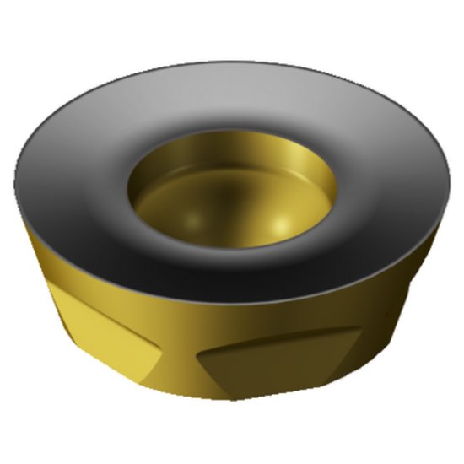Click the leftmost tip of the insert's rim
pos(16,190)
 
